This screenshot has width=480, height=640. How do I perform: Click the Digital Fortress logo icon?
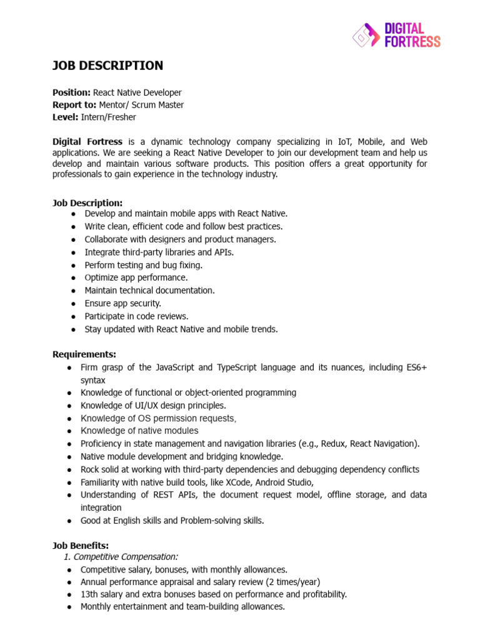(x=365, y=36)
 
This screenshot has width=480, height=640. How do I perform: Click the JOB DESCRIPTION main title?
(x=107, y=66)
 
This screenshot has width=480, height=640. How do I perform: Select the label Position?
(x=71, y=92)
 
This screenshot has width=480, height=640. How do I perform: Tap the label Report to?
(x=74, y=105)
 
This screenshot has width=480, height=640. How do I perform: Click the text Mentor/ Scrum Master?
(x=141, y=105)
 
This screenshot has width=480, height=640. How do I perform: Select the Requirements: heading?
(x=84, y=354)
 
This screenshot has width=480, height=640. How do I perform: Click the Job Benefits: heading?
(x=81, y=546)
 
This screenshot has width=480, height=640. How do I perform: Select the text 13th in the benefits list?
(x=89, y=594)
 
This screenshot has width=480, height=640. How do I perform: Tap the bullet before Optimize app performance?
(x=74, y=277)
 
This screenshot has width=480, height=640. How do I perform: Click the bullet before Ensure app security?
(x=74, y=303)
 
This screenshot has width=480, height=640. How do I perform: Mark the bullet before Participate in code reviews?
(x=74, y=316)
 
